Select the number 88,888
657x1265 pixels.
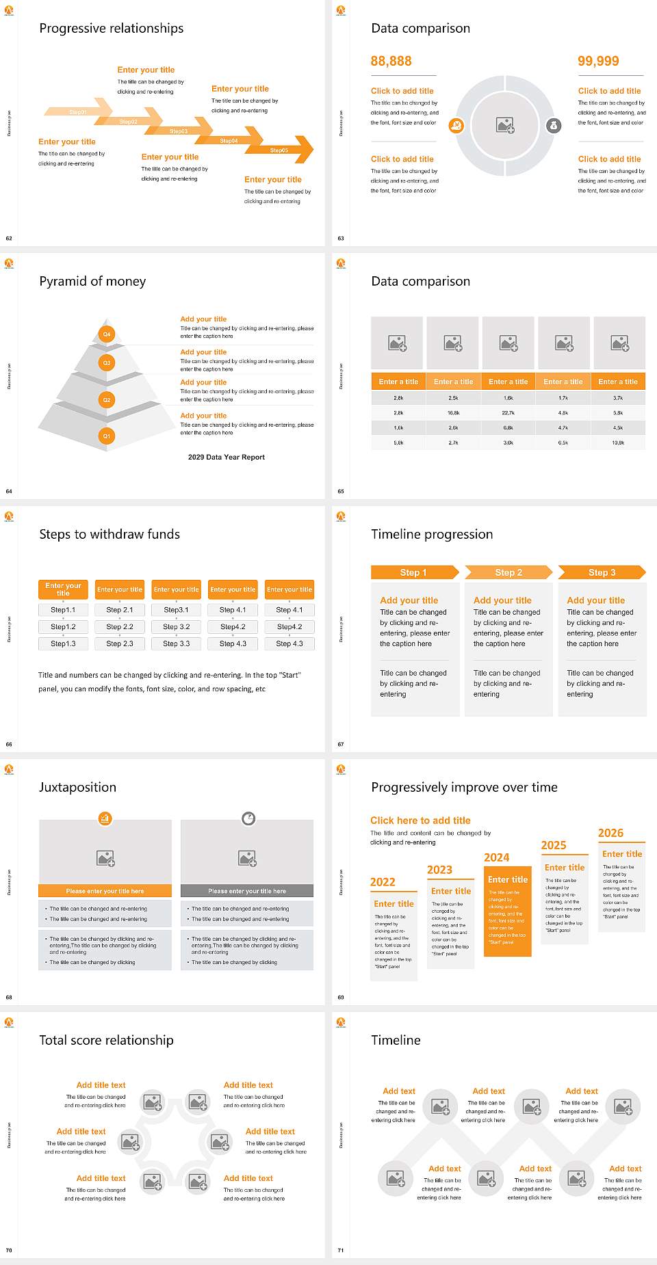[391, 62]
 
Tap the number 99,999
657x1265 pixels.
[598, 62]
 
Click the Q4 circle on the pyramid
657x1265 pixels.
[107, 334]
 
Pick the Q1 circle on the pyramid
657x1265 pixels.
[107, 436]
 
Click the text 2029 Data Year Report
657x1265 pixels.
[227, 457]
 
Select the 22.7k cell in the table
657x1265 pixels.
[508, 413]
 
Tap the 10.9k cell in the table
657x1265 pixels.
[618, 443]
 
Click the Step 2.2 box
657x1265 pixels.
[120, 626]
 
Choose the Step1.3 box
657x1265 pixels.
[63, 643]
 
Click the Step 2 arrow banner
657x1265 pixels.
[508, 572]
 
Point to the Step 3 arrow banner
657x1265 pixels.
[602, 572]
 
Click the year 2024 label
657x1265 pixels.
[496, 857]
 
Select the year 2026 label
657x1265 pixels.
[610, 833]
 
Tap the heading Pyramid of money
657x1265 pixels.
[92, 282]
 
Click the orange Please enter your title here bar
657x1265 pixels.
[105, 891]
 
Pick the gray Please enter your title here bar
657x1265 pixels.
[247, 891]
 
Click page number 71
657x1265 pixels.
[341, 1250]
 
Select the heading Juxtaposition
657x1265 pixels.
[77, 788]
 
